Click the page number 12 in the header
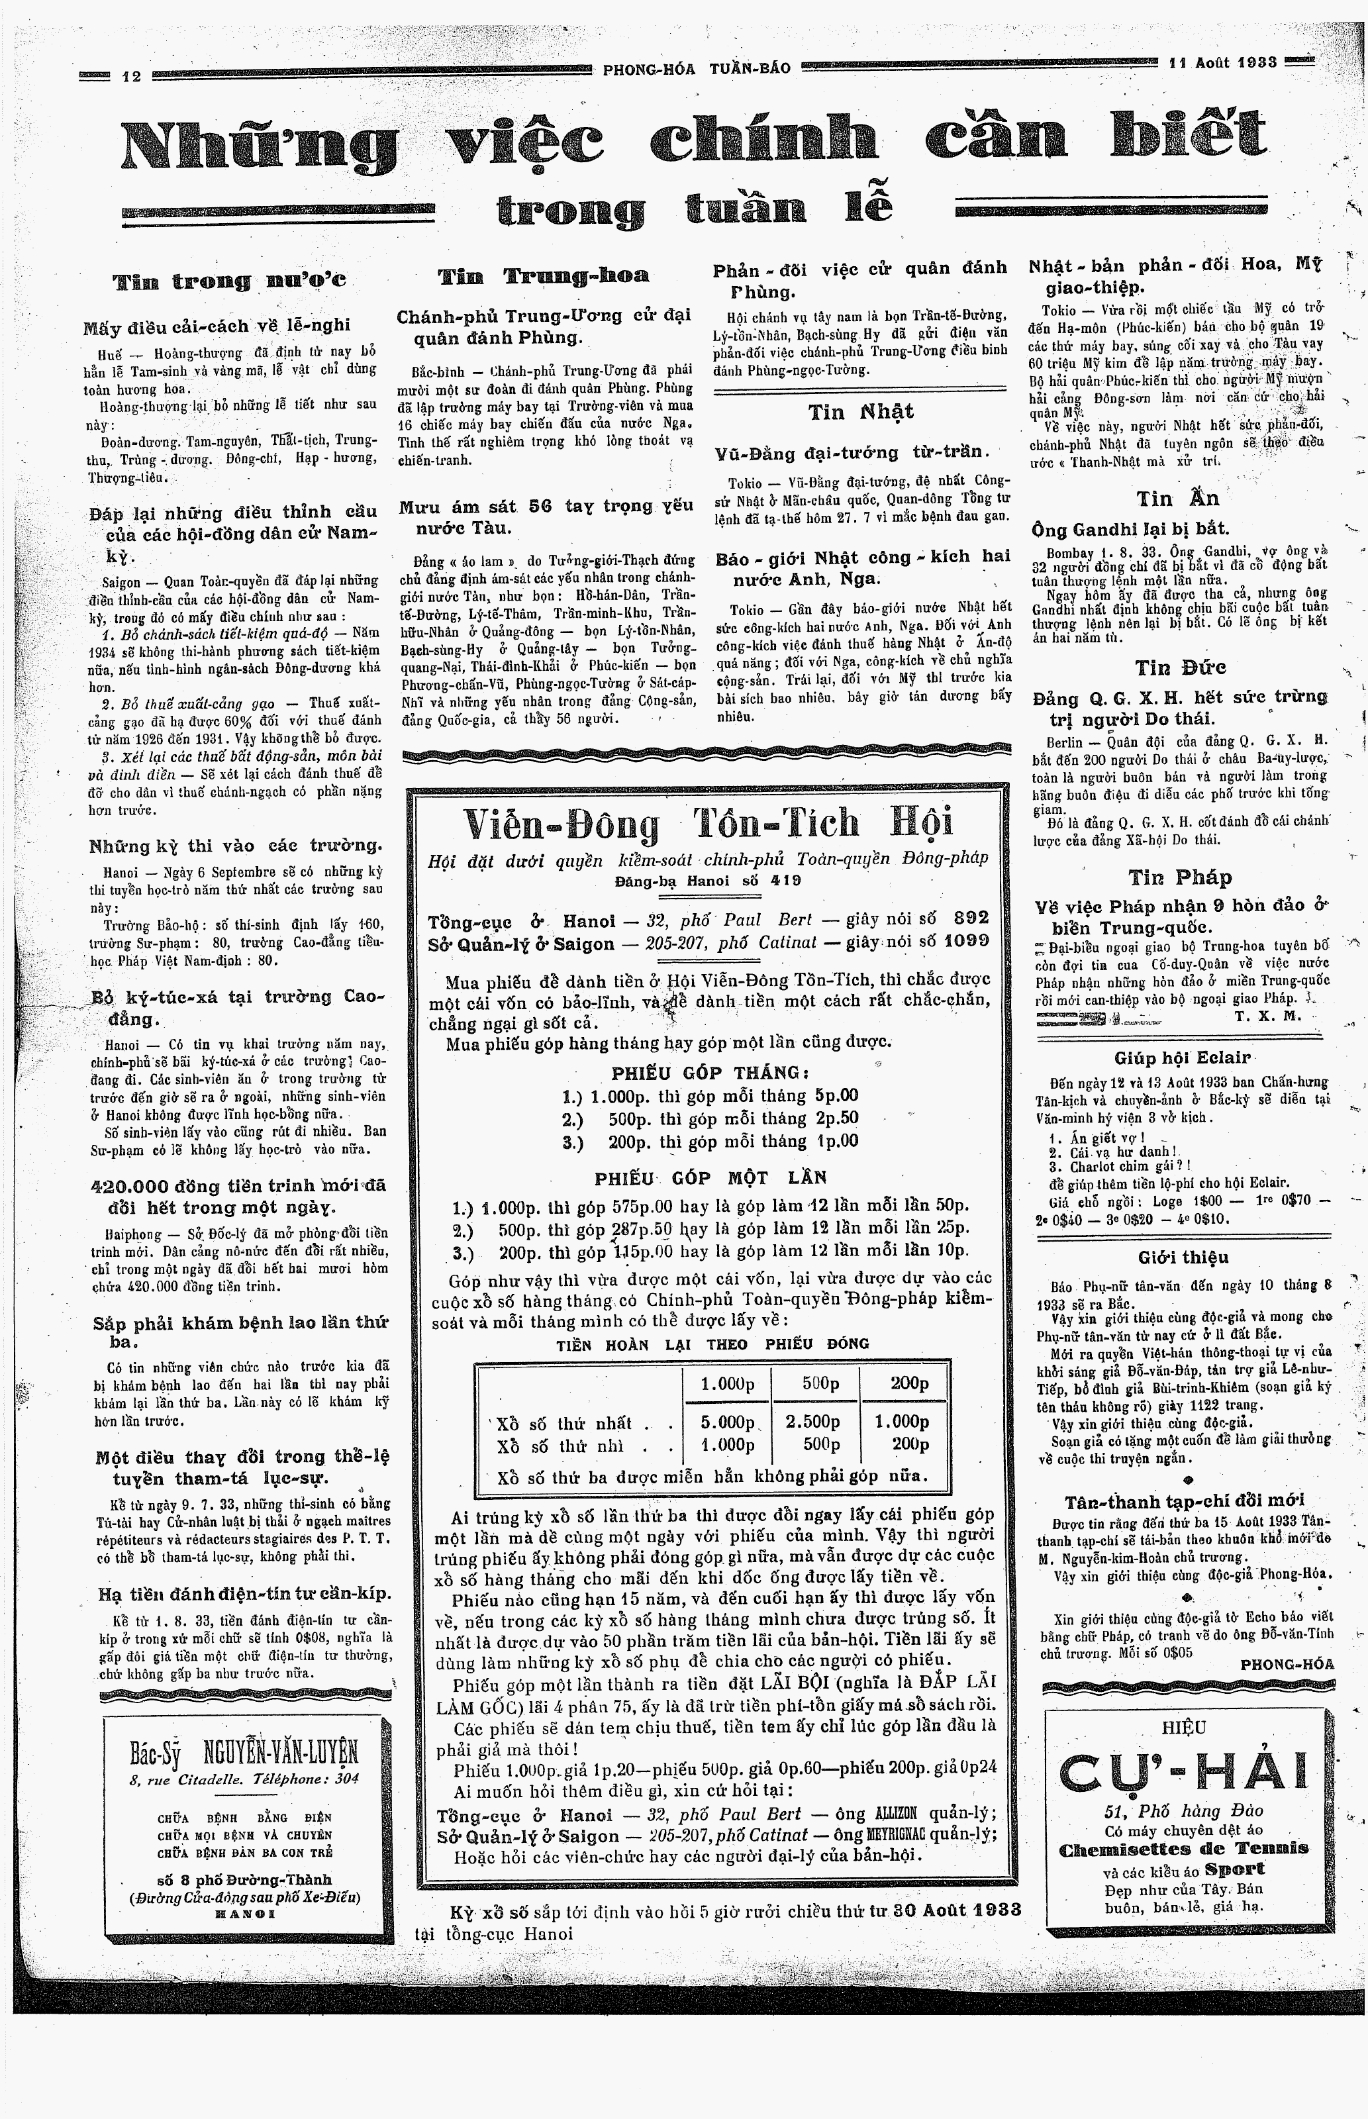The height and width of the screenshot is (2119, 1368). tap(132, 76)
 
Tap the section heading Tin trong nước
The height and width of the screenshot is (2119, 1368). tap(229, 281)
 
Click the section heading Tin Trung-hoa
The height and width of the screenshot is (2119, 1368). tap(544, 276)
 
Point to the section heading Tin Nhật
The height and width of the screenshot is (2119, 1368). tap(860, 412)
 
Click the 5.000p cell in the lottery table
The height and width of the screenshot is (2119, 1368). tap(726, 1422)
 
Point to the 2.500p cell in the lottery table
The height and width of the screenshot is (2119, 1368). tap(812, 1422)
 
